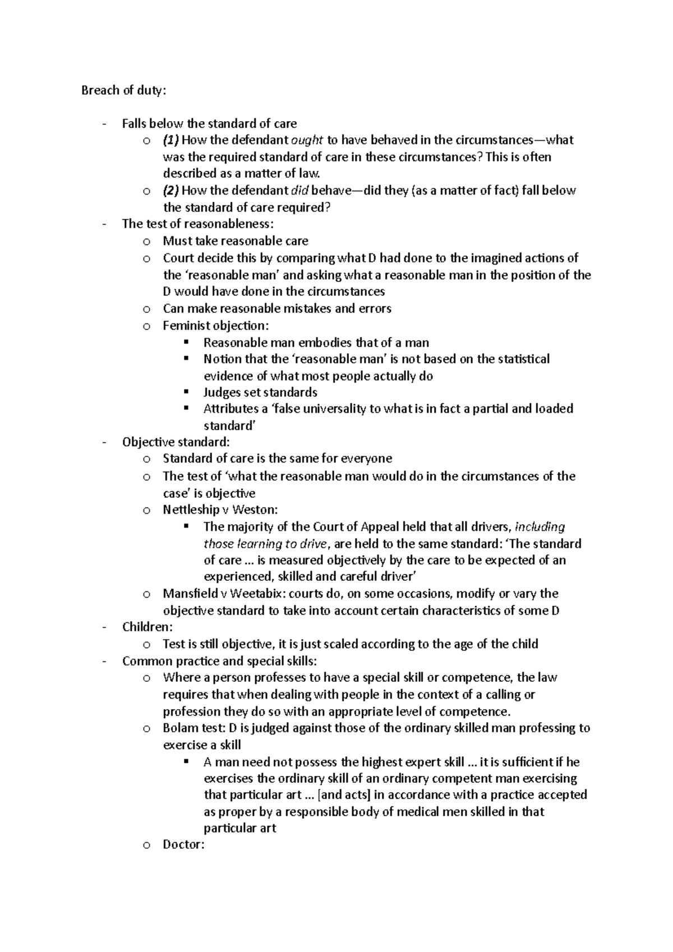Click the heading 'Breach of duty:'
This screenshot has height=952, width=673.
(x=123, y=90)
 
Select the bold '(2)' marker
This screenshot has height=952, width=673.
(x=170, y=191)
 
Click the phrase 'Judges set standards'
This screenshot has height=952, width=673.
(x=260, y=392)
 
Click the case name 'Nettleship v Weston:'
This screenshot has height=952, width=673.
(x=220, y=510)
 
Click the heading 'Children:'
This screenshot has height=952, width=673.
(x=147, y=627)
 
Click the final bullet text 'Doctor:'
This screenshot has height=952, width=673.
(x=183, y=844)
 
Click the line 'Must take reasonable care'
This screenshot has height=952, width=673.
(x=236, y=241)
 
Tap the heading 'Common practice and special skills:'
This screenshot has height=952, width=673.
(x=219, y=661)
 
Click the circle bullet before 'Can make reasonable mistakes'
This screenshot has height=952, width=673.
(x=146, y=309)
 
